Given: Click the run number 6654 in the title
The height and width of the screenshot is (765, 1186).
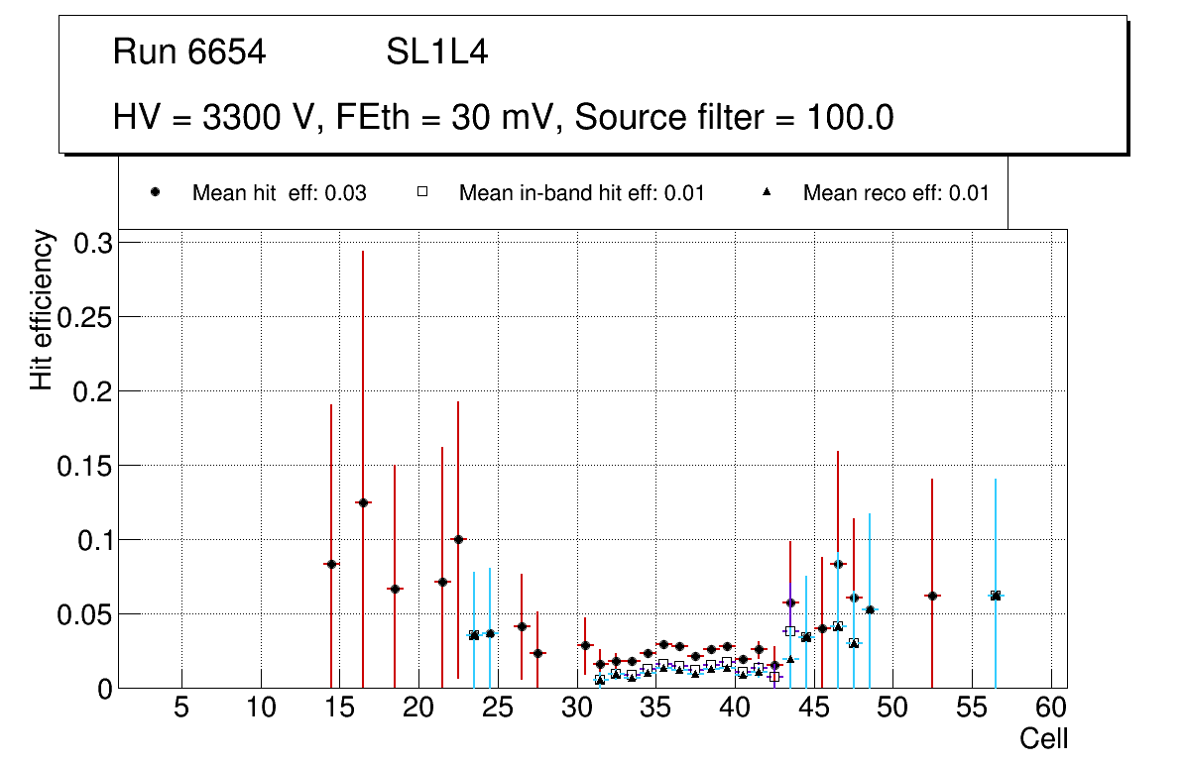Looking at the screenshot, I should (x=227, y=53).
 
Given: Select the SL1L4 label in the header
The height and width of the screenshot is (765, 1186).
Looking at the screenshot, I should (x=437, y=53).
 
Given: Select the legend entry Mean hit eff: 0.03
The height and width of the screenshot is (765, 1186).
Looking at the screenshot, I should (x=279, y=193).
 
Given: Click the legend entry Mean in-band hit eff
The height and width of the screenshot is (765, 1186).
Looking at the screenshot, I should (x=581, y=193).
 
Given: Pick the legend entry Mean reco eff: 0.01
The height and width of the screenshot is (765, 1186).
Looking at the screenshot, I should (x=895, y=193).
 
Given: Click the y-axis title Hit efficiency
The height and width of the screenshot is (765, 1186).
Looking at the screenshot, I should (x=42, y=310).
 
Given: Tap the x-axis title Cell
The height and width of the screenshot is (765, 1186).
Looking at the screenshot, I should (x=1044, y=738).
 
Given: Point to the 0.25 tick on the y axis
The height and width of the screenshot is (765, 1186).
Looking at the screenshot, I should (x=86, y=317).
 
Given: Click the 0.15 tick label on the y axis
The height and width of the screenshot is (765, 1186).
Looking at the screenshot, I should (x=86, y=466).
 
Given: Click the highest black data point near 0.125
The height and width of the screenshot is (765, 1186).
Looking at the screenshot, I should (x=363, y=502).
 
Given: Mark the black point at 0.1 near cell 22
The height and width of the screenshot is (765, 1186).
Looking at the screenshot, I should (x=458, y=539).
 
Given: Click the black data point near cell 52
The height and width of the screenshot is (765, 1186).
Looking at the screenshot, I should (x=932, y=596).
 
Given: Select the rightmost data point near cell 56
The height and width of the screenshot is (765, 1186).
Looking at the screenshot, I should (x=996, y=596).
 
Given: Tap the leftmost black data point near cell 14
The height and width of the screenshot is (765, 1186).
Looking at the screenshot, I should (x=331, y=564).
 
